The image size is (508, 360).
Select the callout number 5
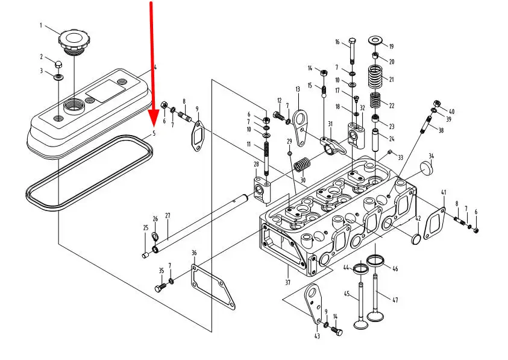[x=154, y=133]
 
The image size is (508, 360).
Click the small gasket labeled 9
[x=198, y=136]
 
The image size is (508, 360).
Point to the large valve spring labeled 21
[x=375, y=77]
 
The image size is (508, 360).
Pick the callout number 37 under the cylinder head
[x=287, y=282]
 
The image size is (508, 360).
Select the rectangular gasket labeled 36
[x=213, y=287]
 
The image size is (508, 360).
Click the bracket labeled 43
[x=313, y=303]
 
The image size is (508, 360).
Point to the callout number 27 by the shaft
[x=168, y=216]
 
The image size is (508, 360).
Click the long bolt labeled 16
[x=353, y=51]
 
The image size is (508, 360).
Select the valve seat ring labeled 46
[x=375, y=260]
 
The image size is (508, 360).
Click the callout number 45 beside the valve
[x=347, y=294]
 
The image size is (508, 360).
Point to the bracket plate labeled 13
[x=301, y=127]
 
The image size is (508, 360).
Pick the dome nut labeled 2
[x=58, y=64]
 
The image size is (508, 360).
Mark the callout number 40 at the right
[x=451, y=112]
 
